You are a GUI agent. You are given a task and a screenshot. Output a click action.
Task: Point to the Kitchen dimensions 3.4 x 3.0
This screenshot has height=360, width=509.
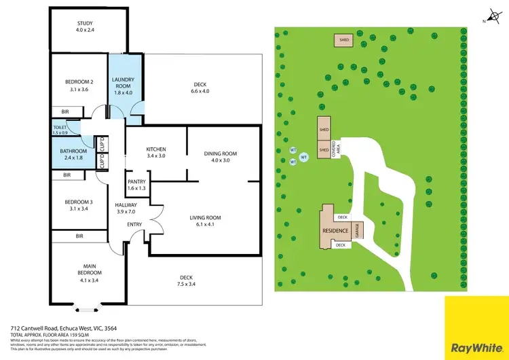(156, 156)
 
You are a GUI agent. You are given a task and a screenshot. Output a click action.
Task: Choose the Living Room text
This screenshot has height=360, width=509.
(205, 218)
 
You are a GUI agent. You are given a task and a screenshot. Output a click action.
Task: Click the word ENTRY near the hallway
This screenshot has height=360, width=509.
(134, 224)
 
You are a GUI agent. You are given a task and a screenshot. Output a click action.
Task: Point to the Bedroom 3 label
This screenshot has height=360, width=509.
(78, 202)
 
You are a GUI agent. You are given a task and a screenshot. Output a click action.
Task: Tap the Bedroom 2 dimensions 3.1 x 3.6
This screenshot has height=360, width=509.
(79, 89)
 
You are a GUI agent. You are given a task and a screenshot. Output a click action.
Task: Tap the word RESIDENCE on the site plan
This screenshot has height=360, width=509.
(336, 231)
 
